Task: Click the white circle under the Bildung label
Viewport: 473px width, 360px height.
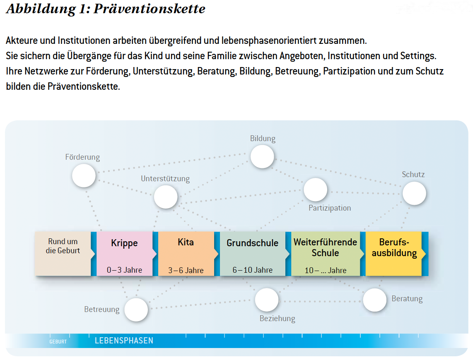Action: pos(262,157)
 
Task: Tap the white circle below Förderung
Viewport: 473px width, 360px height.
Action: pos(84,175)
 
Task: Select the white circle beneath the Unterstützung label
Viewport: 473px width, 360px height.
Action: pos(166,197)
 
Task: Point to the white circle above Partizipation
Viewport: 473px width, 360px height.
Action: pos(316,190)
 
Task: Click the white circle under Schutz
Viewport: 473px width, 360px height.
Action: pos(415,193)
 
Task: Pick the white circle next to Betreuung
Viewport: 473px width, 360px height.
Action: pos(136,310)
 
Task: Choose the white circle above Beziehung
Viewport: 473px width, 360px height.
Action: pos(267,300)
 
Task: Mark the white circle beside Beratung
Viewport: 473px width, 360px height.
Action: pos(375,300)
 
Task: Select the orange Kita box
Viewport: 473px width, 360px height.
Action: pos(186,254)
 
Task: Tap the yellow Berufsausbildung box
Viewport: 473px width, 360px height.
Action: pos(394,254)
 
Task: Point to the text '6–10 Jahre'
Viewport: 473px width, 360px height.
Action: pos(253,270)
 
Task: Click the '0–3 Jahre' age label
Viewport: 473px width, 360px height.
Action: pos(124,270)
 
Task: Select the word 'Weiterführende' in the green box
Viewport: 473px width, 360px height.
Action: pos(325,242)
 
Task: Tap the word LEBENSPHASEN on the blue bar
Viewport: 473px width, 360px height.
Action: pos(124,341)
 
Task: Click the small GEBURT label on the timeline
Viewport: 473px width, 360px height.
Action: pos(58,342)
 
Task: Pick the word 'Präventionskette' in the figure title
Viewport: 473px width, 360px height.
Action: pos(150,8)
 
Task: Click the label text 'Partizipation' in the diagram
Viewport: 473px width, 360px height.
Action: pos(330,208)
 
